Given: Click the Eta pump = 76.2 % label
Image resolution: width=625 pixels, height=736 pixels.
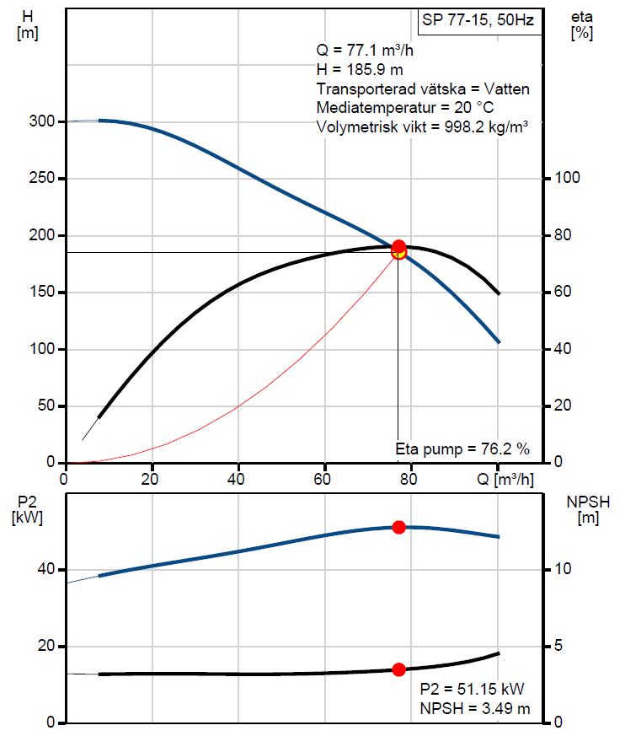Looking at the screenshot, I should (462, 449).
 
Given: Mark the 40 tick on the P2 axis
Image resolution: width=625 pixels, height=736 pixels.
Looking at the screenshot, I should (45, 570).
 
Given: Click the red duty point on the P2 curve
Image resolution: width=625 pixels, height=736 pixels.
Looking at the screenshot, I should (398, 527).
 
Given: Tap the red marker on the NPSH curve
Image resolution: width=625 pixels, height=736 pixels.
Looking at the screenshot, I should (398, 669).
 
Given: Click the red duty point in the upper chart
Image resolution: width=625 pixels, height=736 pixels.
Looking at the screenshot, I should (398, 248).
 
